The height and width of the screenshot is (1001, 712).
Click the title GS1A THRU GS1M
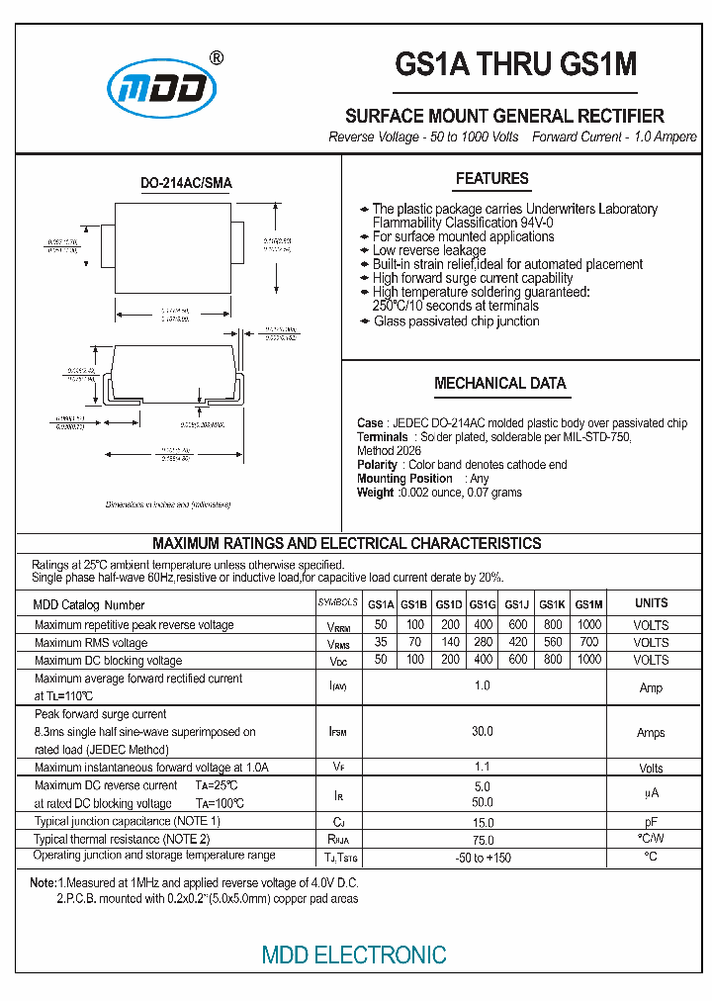coord(515,65)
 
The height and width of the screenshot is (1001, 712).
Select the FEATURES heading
coord(491,179)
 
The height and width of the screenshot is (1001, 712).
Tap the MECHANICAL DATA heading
coord(499,384)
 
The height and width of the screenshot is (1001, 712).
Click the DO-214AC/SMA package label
coord(186,183)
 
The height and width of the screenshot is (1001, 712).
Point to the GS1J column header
coord(517,604)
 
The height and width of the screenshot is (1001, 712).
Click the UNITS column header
coord(651,603)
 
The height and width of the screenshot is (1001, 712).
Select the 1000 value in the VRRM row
coord(588,625)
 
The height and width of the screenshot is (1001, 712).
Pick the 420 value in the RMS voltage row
coord(517,643)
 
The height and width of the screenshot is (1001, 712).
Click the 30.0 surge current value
coord(482,732)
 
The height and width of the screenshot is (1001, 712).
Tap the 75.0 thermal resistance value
coord(482,839)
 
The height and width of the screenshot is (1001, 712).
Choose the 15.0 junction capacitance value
coord(482,821)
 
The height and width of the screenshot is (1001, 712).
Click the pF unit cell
coord(651,821)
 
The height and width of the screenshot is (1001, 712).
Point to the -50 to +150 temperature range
coord(482,857)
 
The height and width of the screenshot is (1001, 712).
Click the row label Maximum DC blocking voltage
coord(108,661)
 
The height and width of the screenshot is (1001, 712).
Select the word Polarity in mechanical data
coord(377,465)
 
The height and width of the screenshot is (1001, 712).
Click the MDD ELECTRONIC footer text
coord(354,955)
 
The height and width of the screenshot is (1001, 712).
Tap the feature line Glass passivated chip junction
coord(456,321)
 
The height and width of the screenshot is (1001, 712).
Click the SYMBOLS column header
coord(339,602)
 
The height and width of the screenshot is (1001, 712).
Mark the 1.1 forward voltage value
coord(482,768)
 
